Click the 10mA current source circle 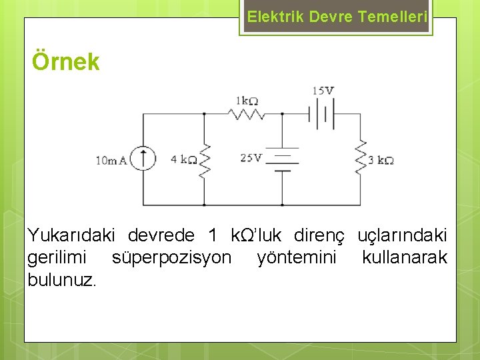point(142,159)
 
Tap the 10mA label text point(111,160)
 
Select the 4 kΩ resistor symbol point(204,159)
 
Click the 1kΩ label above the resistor point(246,101)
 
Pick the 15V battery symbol point(321,114)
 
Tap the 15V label point(322,91)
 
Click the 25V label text point(251,158)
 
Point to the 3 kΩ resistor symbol point(361,158)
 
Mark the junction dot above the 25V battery point(282,114)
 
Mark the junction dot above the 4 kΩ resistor point(204,114)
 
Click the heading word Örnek point(66,62)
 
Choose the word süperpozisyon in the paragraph point(172,257)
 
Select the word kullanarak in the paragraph point(404,257)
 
